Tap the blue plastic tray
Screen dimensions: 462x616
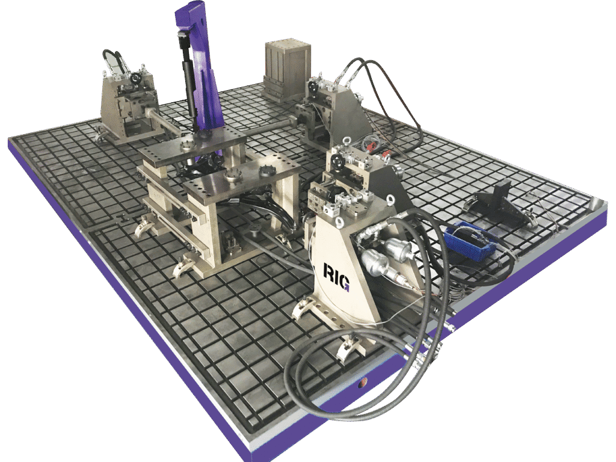click(470, 240)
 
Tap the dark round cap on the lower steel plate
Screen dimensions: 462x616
click(265, 172)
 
